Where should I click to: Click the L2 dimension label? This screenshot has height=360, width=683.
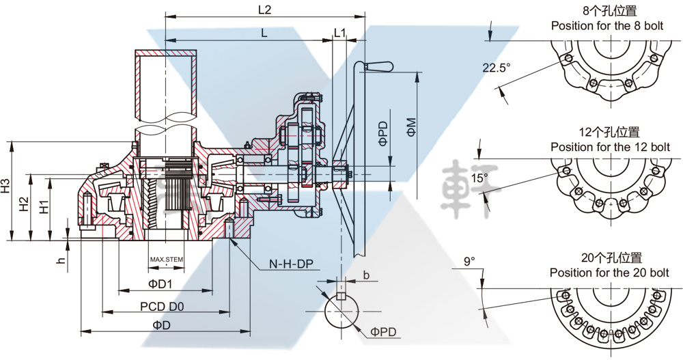(x=264, y=10)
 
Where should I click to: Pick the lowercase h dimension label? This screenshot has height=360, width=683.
(x=61, y=261)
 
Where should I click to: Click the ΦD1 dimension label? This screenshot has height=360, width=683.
(x=161, y=283)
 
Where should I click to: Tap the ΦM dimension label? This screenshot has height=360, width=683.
(x=411, y=127)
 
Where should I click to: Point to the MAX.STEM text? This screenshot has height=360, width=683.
(x=167, y=260)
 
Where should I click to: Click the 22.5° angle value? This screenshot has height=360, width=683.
(x=497, y=68)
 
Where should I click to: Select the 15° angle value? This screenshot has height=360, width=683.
(x=480, y=178)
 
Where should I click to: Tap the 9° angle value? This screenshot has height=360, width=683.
(x=469, y=261)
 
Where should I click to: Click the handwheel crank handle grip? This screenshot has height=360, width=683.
(x=380, y=66)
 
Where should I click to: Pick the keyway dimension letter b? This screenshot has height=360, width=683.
(x=366, y=275)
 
